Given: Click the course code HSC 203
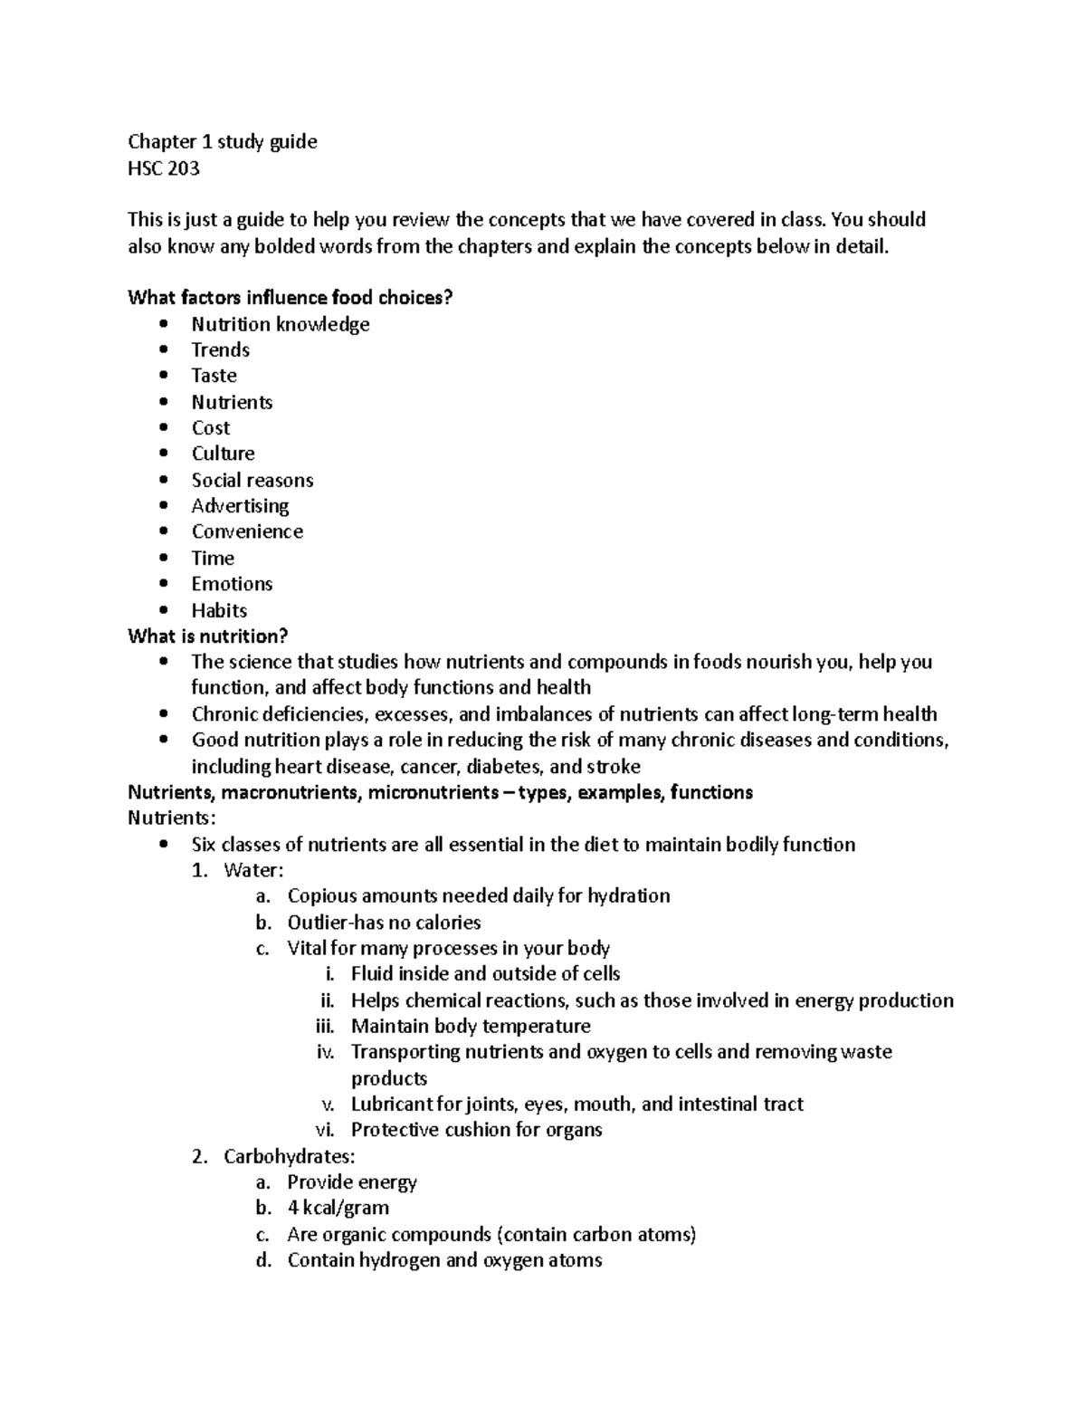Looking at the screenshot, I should (164, 167).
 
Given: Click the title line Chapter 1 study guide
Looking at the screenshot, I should (223, 141).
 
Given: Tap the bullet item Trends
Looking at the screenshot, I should (220, 349).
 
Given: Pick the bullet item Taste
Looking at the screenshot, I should (214, 376).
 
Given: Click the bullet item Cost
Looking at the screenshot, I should (211, 427).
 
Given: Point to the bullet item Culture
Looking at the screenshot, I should (223, 454).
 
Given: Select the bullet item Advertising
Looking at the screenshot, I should (240, 506).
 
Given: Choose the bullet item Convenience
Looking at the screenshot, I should (247, 531).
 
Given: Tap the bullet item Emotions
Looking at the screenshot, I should (232, 584).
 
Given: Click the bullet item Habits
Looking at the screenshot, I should (219, 610).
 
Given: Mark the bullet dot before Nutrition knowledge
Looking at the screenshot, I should (163, 324).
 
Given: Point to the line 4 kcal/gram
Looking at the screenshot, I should (338, 1208).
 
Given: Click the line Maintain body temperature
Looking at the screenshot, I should (471, 1026).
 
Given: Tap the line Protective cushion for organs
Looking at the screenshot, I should (476, 1130).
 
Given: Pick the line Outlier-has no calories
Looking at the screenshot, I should (384, 923).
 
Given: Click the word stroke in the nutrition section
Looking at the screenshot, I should (614, 767).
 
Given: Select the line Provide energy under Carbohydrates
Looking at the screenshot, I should (352, 1182).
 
